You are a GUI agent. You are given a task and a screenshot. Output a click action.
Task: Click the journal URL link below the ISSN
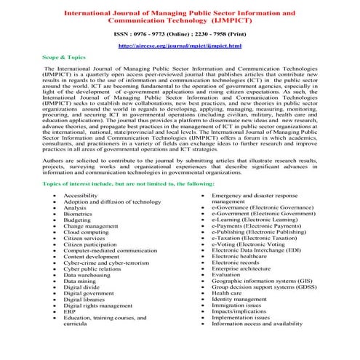[179, 46]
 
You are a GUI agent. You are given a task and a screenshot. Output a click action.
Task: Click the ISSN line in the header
[180, 33]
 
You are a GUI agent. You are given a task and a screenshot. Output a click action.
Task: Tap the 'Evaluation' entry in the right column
[226, 276]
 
